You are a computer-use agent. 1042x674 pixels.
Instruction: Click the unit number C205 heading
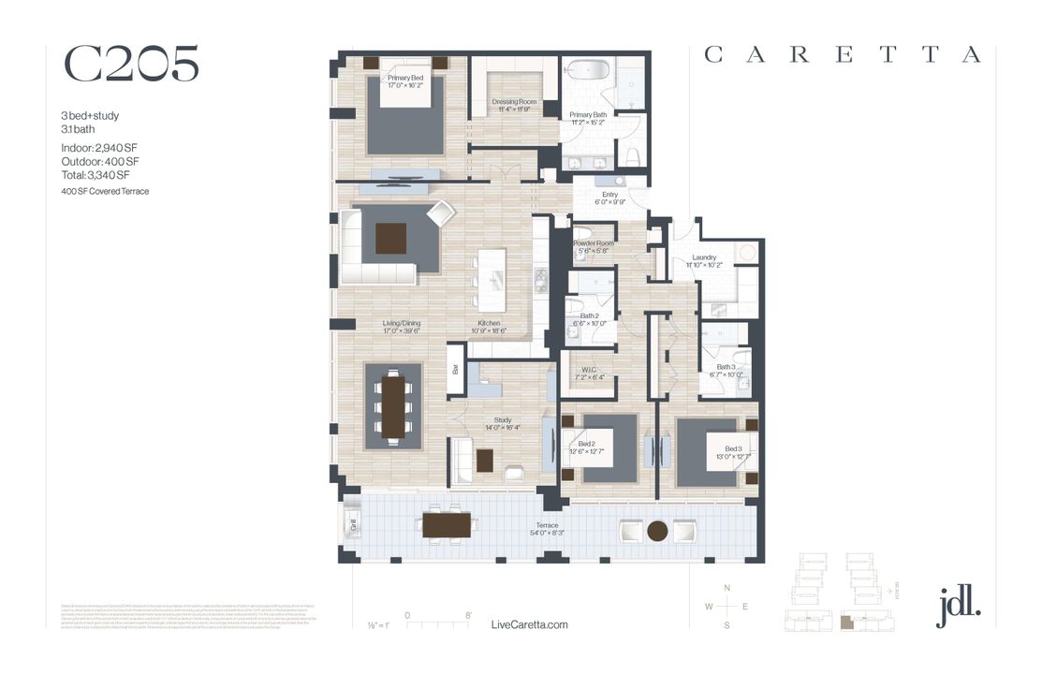131,64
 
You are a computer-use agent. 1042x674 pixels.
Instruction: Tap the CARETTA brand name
843,55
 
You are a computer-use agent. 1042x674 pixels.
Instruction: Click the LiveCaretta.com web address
529,624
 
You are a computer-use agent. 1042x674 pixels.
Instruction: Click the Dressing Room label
513,105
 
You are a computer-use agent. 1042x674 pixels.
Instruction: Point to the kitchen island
490,279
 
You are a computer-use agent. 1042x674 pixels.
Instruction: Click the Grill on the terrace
354,524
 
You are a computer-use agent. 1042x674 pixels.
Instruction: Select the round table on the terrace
658,531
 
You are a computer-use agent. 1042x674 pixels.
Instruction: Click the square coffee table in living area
391,239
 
